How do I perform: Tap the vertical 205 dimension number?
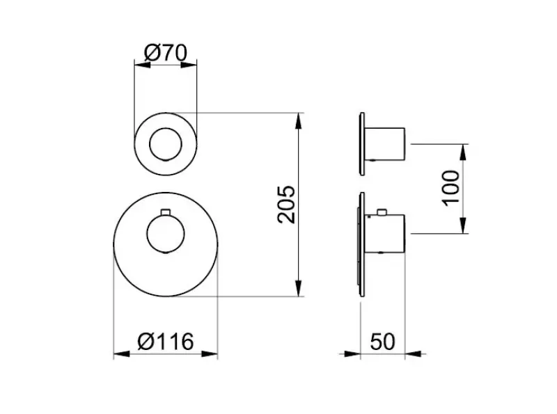coord(287,204)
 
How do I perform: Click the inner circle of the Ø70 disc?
coord(166,145)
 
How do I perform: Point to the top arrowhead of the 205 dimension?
coord(299,120)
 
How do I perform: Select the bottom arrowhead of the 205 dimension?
coord(299,289)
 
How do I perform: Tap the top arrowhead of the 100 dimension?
coord(464,151)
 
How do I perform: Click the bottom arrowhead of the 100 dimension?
coord(464,225)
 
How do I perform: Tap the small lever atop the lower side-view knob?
coord(382,211)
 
